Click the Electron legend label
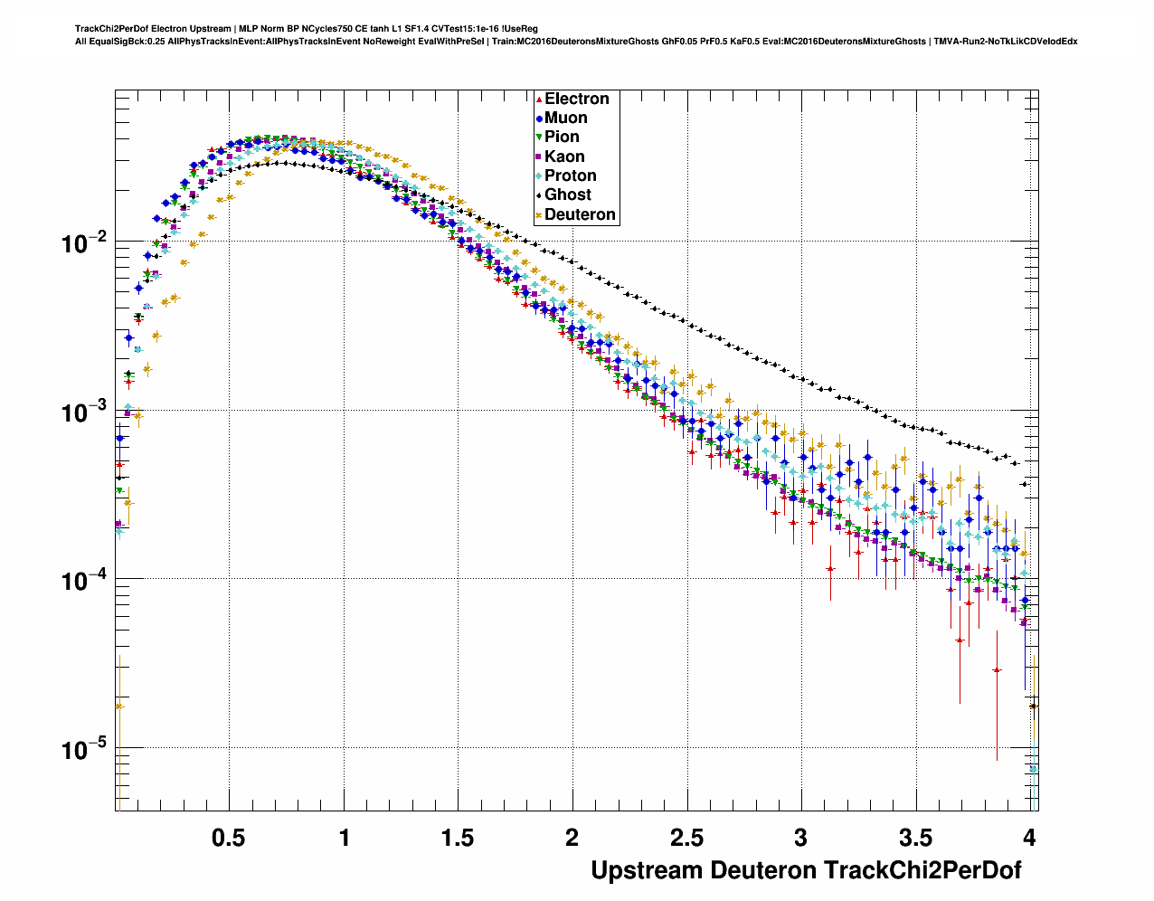point(576,99)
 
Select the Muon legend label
point(565,118)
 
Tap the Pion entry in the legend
point(562,137)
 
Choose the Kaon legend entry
point(564,156)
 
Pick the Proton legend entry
point(570,175)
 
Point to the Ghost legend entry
point(567,194)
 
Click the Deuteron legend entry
point(580,214)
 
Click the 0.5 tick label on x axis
point(228,838)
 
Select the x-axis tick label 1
point(344,838)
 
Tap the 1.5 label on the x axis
point(458,838)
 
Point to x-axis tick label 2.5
point(686,838)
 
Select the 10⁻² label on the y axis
point(83,242)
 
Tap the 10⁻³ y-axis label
point(83,411)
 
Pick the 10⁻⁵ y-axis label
point(83,749)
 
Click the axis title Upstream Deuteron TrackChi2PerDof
point(806,870)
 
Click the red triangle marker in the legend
point(539,99)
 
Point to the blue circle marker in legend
point(539,118)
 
